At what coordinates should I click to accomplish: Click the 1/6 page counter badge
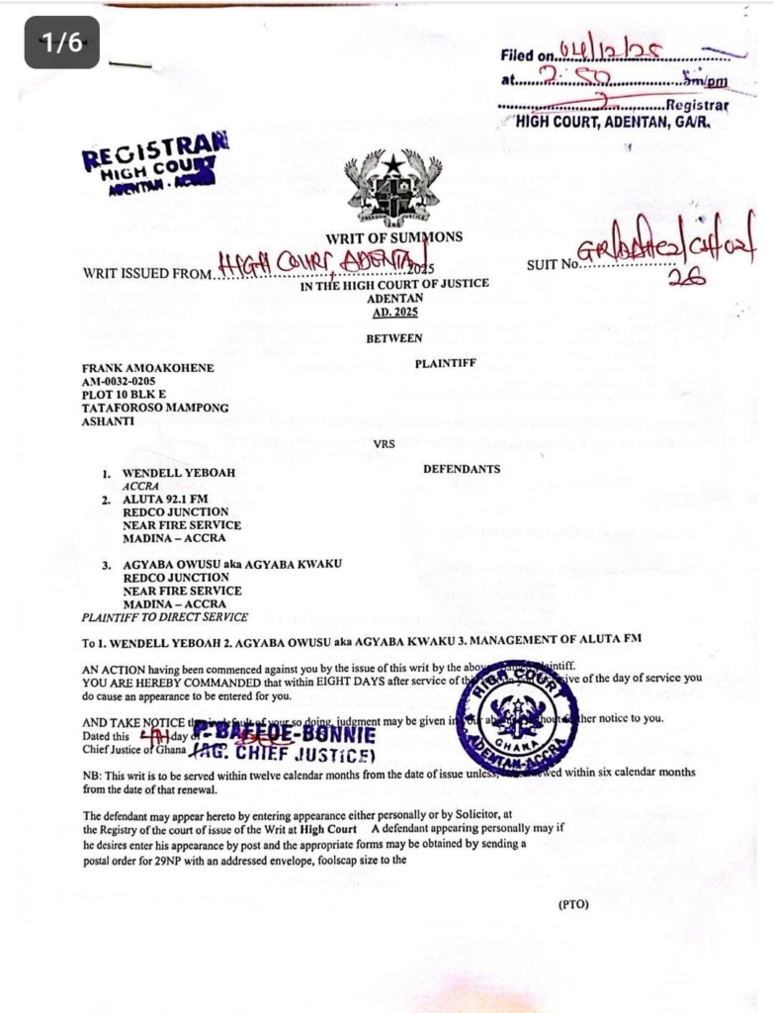click(x=61, y=42)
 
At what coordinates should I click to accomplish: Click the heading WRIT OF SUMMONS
click(x=393, y=237)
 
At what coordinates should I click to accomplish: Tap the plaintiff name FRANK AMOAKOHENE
click(x=147, y=368)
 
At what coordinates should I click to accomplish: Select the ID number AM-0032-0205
click(x=119, y=381)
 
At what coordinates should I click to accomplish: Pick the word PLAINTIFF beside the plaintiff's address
click(x=446, y=363)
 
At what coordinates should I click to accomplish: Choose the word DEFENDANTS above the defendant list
click(x=462, y=469)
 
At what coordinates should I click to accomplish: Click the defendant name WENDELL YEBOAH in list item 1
click(x=178, y=474)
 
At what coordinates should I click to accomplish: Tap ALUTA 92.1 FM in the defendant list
click(x=165, y=501)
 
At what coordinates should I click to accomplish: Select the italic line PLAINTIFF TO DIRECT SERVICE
click(x=165, y=617)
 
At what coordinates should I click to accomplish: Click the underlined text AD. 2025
click(x=394, y=313)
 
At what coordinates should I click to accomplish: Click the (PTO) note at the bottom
click(x=573, y=903)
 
